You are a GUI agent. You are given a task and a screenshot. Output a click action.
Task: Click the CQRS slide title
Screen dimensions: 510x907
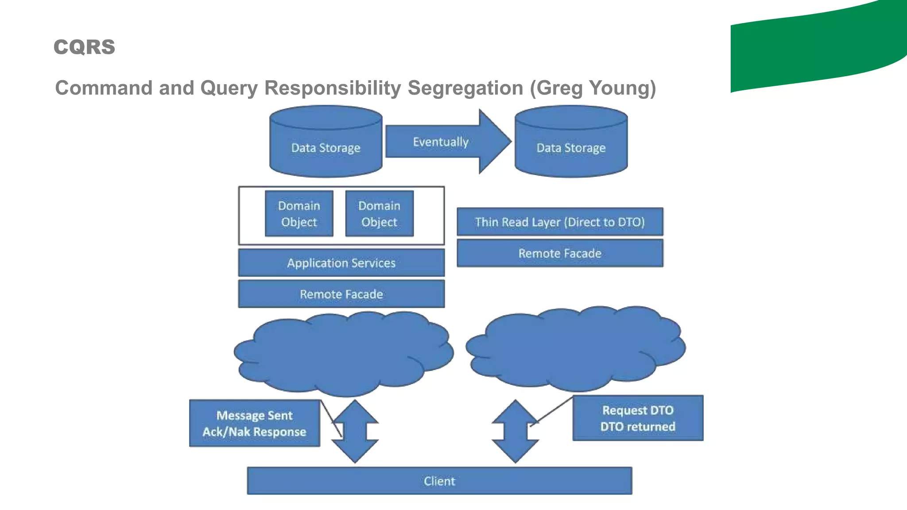tap(84, 47)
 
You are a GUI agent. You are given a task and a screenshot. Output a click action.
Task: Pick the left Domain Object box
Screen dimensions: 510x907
tap(299, 214)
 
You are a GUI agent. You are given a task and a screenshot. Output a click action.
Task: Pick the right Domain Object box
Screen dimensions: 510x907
tap(379, 214)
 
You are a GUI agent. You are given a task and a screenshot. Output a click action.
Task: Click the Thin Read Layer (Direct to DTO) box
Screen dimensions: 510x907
tap(560, 222)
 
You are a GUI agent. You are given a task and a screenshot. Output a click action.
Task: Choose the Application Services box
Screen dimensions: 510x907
tap(341, 263)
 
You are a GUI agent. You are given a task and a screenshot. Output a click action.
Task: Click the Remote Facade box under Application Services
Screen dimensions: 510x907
tap(341, 294)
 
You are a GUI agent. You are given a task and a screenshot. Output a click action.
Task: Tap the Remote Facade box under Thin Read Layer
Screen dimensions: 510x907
tap(560, 253)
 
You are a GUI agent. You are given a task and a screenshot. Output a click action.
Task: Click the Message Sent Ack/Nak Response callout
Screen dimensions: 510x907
tap(254, 423)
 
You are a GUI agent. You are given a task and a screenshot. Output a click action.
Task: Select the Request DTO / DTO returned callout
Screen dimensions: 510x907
tap(638, 418)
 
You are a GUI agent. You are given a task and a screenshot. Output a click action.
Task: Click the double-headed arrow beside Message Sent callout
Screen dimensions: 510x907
tap(355, 432)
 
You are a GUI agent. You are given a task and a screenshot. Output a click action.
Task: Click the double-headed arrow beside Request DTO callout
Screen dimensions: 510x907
tap(515, 432)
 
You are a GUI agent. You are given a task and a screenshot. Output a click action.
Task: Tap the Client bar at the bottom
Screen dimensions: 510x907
tap(439, 481)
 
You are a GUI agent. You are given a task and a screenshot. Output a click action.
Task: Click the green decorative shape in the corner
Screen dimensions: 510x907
tap(819, 49)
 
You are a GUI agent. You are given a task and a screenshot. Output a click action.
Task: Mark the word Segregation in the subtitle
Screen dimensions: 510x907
tap(465, 88)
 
